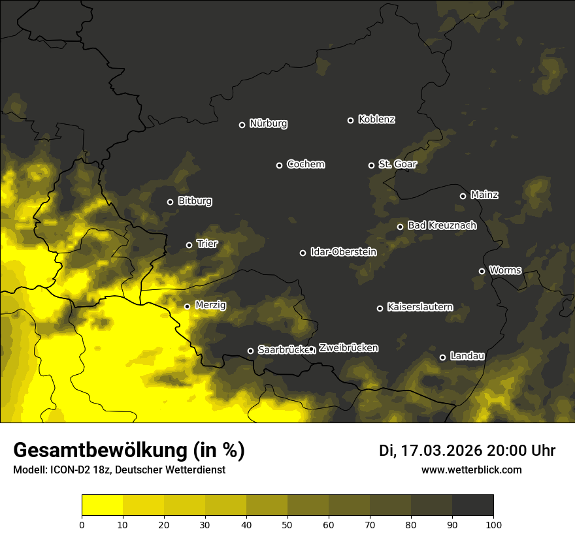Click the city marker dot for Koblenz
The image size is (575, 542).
coord(350,120)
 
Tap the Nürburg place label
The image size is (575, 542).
coord(269,123)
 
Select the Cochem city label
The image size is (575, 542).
coord(306,165)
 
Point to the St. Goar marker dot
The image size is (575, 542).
coord(371,165)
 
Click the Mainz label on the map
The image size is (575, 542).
coord(484,195)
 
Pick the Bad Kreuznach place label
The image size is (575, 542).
coord(442,225)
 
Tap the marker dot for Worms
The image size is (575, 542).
coord(482,271)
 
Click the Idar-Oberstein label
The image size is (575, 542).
coord(344,251)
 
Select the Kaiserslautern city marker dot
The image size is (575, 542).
coord(380,308)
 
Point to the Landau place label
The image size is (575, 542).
coord(467,356)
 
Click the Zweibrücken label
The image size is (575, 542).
coord(348,348)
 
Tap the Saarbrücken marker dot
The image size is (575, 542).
coord(250,351)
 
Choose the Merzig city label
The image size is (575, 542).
coord(210,305)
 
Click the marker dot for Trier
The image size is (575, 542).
coord(189,245)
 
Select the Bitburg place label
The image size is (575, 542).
coord(195,201)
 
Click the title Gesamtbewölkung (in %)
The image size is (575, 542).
coord(129,451)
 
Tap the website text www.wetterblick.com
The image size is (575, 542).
coord(471,470)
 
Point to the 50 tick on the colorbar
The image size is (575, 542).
coord(287,524)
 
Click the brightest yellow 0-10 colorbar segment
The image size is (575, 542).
coord(102,505)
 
